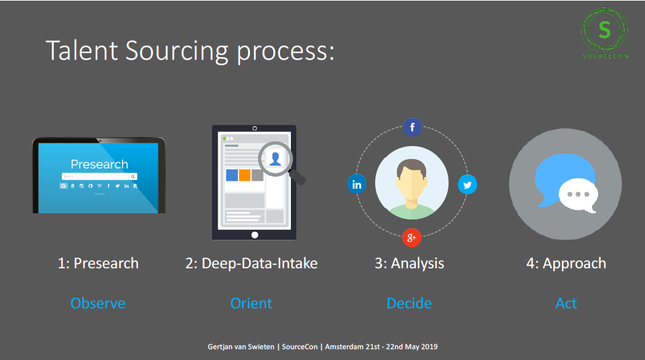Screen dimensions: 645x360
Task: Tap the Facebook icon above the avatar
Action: (x=412, y=127)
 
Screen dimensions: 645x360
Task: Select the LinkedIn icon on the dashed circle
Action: (x=357, y=184)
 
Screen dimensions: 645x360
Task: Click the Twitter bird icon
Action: (x=468, y=185)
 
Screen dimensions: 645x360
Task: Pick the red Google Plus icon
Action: (x=412, y=238)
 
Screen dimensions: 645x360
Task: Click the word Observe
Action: (x=98, y=304)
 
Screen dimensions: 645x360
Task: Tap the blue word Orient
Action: (x=251, y=304)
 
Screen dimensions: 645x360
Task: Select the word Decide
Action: (x=409, y=304)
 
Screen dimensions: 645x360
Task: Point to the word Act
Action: (x=566, y=304)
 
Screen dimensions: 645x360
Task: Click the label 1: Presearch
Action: (x=98, y=264)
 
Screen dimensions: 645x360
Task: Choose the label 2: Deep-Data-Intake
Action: (x=251, y=264)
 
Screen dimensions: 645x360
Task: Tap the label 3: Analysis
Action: (x=409, y=264)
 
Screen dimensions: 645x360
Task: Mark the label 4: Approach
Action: (x=566, y=264)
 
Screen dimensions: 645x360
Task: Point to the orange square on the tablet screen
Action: (x=245, y=175)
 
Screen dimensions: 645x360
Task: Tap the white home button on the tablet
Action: (x=255, y=235)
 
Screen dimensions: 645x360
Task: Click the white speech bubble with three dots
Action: (x=578, y=196)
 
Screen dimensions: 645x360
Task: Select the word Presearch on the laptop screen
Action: (x=99, y=164)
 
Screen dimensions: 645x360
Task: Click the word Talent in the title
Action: (x=82, y=50)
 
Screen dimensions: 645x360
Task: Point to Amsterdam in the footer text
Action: (x=345, y=347)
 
